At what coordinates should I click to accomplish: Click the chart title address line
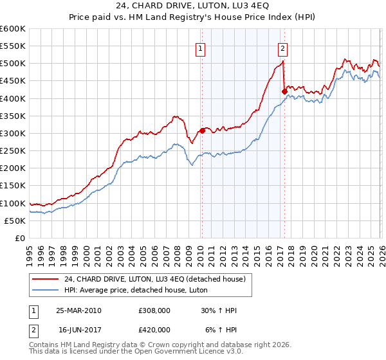coord(193,6)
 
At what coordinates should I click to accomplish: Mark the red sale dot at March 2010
coord(202,130)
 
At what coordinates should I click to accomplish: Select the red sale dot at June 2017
coord(284,91)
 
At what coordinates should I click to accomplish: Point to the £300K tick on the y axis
coord(13,133)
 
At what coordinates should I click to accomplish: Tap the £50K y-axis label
coord(15,221)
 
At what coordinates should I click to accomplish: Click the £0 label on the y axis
coord(20,238)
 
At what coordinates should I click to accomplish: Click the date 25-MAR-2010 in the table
coord(78,310)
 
